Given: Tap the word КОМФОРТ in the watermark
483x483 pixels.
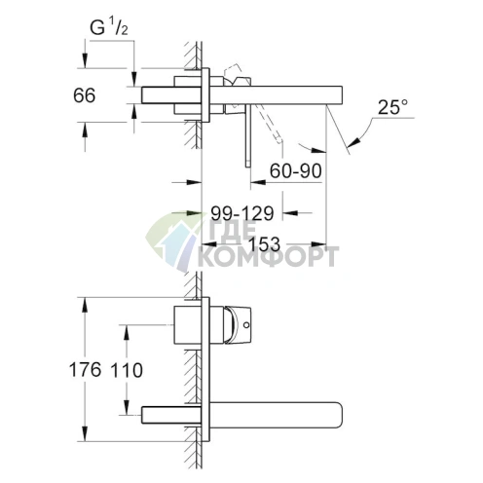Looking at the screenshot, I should [x=269, y=257].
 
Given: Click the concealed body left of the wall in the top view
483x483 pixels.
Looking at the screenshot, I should [x=170, y=95].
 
